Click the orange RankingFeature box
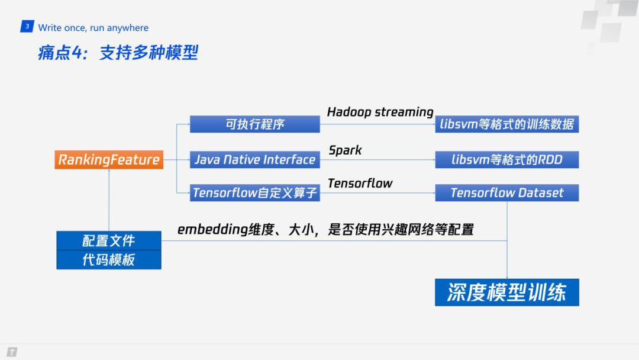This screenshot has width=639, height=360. click(109, 159)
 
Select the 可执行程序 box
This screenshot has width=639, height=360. click(254, 124)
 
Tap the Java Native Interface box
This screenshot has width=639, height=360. click(254, 159)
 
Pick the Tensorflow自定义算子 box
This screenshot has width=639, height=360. click(254, 192)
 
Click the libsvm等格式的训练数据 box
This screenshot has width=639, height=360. click(507, 124)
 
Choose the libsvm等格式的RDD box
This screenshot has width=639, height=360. click(507, 159)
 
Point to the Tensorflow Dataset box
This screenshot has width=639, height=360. click(507, 192)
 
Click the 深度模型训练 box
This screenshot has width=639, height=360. click(507, 292)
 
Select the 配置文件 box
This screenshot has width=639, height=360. click(109, 240)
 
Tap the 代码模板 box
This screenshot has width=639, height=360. click(109, 260)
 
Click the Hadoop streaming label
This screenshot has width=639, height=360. click(380, 112)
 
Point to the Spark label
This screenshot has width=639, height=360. click(345, 150)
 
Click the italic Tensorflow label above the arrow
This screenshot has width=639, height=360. click(360, 184)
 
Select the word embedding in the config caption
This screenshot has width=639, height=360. click(213, 230)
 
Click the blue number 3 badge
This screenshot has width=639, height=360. click(27, 26)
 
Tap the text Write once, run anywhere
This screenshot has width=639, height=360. click(93, 28)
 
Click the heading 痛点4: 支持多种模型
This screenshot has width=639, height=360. click(118, 53)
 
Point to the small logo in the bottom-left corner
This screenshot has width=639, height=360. click(12, 352)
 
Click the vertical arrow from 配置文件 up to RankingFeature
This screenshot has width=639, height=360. click(109, 200)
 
